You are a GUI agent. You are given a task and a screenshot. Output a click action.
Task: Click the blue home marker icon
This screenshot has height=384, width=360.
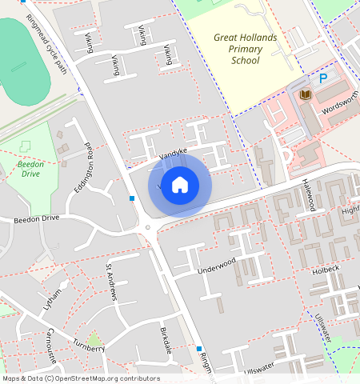click(180, 185)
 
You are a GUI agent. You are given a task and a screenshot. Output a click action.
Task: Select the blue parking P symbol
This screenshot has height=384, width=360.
click(323, 78)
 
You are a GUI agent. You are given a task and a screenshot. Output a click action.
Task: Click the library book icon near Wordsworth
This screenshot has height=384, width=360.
click(305, 95)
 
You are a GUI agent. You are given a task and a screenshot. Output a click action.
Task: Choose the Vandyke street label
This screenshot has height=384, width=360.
click(173, 154)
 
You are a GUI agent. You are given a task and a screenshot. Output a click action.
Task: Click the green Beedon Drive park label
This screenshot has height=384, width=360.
click(30, 169)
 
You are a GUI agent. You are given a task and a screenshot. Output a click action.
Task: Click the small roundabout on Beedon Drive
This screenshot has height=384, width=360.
click(147, 228)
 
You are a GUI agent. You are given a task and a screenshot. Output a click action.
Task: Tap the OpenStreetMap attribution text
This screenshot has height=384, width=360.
click(80, 378)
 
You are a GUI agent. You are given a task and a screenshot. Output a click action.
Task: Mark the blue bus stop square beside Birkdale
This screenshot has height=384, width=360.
click(198, 349)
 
